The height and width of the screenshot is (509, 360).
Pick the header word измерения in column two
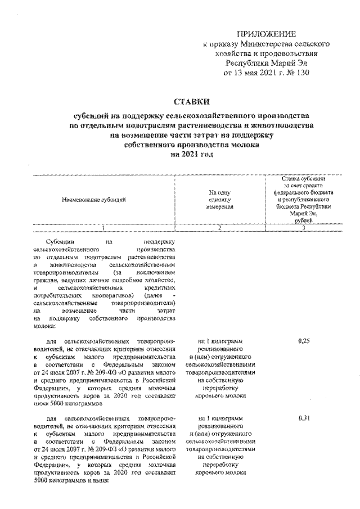pyautogui.click(x=219, y=207)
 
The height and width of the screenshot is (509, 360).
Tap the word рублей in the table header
pyautogui.click(x=304, y=221)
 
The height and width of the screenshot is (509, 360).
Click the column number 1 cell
pyautogui.click(x=103, y=228)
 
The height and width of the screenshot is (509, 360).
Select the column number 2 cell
pyautogui.click(x=219, y=228)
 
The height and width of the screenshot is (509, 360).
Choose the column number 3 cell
pyautogui.click(x=304, y=228)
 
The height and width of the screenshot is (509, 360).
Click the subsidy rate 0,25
pyautogui.click(x=303, y=341)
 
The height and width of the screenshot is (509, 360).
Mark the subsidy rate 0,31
pyautogui.click(x=303, y=418)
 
